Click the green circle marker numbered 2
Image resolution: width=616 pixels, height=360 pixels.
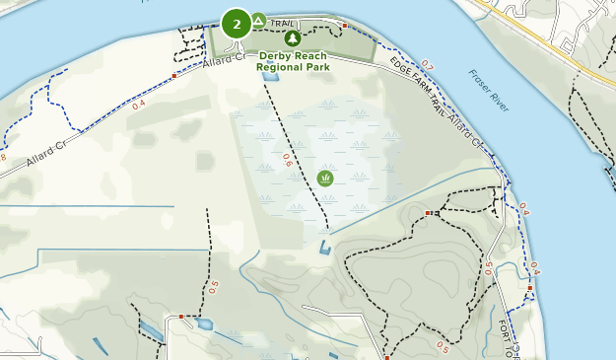237,24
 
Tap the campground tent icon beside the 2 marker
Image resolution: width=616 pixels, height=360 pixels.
258,20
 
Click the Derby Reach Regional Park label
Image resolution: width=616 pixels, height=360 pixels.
292,61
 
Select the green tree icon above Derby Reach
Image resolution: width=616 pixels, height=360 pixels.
292,38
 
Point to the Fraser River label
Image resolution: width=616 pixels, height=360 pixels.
487,91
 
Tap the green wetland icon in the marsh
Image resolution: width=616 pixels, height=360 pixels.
325,179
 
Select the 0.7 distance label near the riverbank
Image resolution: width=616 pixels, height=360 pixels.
426,66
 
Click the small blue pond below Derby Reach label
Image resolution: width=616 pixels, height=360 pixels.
271,76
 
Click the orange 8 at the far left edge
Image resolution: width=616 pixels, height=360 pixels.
3,157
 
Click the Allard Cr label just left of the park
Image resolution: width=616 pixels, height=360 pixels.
224,61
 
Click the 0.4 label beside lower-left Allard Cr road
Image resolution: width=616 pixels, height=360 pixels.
138,104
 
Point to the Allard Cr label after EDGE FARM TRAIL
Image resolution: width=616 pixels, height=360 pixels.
465,131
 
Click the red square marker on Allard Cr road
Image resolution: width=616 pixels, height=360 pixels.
174,75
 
